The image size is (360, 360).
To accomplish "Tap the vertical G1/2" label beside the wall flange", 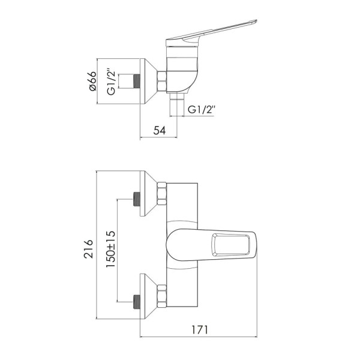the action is tap(112, 82).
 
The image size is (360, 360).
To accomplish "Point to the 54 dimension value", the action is tap(160, 131).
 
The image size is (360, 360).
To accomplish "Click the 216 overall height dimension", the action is tap(89, 249).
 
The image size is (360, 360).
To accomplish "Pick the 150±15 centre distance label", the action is tap(110, 249).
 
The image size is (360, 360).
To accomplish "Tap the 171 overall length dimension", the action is tap(200, 330).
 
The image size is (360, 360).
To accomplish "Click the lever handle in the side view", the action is tap(211, 33).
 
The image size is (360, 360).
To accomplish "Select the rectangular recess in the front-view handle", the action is tap(230, 245).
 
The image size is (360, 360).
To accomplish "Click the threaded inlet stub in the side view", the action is tap(137, 81).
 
